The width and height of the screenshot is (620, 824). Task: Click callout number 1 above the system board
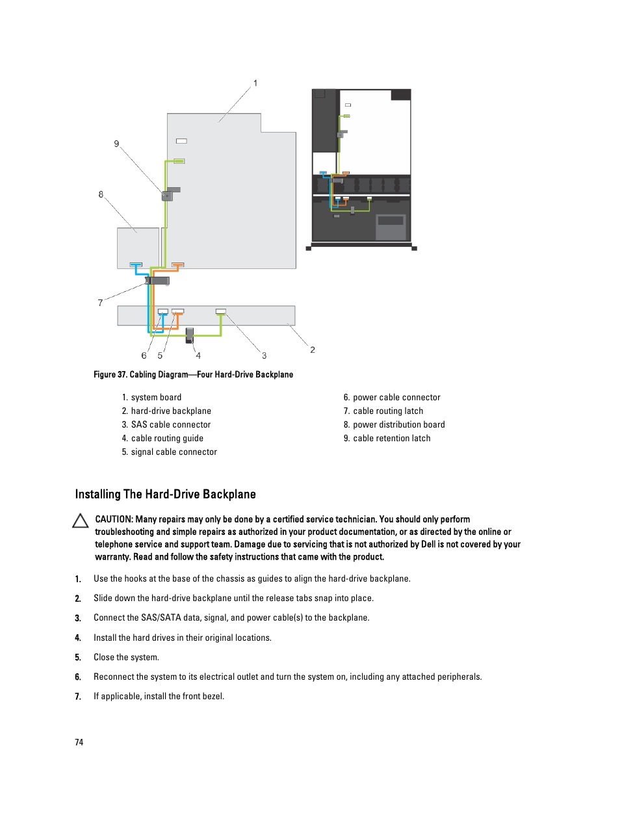[x=255, y=83]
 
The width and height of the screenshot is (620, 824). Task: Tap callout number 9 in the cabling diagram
[x=116, y=144]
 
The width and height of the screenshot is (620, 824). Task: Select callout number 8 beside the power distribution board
[x=101, y=194]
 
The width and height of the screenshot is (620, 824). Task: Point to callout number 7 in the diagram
[x=100, y=303]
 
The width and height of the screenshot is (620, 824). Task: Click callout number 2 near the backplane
[x=313, y=350]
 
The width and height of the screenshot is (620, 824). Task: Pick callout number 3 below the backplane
[x=264, y=355]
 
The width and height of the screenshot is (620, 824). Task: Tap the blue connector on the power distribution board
[x=136, y=264]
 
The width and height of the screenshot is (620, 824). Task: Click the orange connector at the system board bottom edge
[x=177, y=264]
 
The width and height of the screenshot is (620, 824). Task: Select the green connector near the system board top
[x=179, y=161]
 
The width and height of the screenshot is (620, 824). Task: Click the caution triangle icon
[x=81, y=521]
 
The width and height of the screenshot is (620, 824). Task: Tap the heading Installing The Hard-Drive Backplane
[x=165, y=494]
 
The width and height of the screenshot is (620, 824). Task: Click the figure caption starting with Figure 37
[x=193, y=374]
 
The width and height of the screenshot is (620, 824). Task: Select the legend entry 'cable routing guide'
[x=167, y=438]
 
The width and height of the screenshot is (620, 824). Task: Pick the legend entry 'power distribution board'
[x=398, y=424]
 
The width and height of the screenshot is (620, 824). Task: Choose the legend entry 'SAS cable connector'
[x=171, y=424]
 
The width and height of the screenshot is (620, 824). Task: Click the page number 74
[x=79, y=742]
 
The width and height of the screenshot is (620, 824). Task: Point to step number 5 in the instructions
[x=78, y=657]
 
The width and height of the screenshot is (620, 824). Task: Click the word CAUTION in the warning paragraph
[x=114, y=519]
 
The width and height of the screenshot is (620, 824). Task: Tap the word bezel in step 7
[x=213, y=696]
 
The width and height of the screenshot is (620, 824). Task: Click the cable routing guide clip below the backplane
[x=190, y=335]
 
